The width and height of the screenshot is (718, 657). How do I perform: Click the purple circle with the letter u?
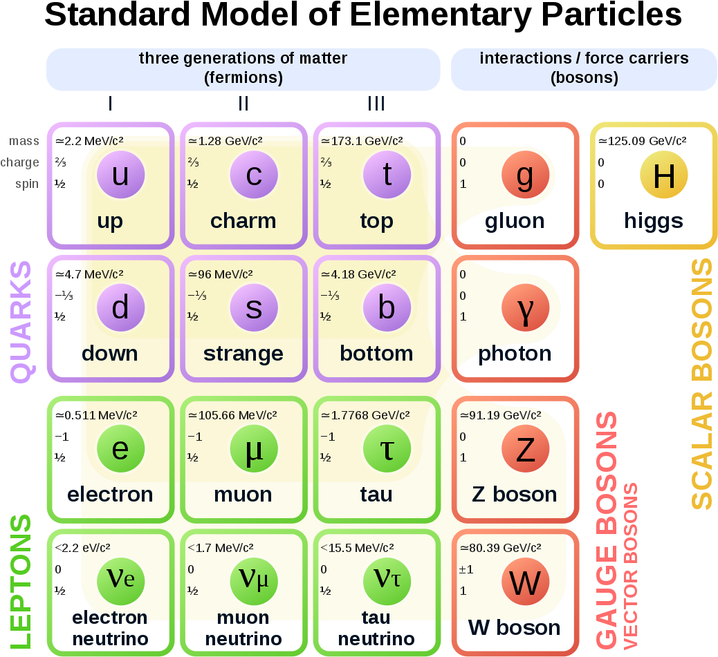120,175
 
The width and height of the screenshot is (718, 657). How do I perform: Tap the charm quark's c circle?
254,175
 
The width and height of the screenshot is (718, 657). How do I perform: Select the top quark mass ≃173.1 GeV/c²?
362,141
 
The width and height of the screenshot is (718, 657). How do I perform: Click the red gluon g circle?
525,175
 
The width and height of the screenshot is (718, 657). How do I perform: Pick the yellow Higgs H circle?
663,176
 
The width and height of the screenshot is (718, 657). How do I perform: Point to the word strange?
243,353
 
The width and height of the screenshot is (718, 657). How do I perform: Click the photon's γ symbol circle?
525,308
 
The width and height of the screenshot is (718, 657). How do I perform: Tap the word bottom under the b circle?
376,353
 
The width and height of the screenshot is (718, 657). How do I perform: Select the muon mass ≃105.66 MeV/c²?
232,415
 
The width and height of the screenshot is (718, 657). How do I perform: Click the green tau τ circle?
387,448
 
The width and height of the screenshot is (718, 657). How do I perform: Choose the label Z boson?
514,494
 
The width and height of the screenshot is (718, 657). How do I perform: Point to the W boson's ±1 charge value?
466,570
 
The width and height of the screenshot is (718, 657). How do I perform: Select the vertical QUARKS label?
21,321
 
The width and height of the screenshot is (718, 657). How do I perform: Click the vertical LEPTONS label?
21,582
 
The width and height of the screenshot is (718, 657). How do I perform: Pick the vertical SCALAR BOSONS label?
701,383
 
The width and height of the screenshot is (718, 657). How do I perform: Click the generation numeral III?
376,104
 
